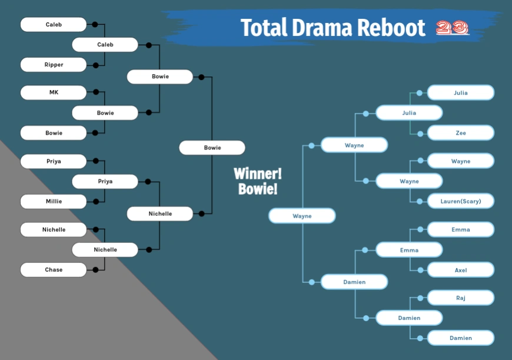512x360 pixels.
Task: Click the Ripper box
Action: [54, 65]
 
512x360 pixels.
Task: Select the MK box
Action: [54, 92]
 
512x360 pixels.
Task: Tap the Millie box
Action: [54, 201]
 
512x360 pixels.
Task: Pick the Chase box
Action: [54, 269]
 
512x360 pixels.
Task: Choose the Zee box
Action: [461, 133]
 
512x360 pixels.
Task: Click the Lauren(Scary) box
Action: [461, 201]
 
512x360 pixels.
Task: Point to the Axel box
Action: [461, 270]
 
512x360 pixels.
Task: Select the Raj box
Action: [461, 298]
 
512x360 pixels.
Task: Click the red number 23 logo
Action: [453, 28]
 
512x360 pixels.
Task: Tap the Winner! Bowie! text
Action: [257, 181]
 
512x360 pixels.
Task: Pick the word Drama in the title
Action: [312, 28]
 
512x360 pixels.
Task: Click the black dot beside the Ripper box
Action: [95, 65]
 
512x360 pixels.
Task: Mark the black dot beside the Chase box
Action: [95, 269]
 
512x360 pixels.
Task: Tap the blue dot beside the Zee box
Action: [420, 134]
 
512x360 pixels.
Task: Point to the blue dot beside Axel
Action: [420, 270]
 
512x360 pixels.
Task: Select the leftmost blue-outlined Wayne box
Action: [302, 216]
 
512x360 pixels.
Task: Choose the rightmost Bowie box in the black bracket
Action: [212, 148]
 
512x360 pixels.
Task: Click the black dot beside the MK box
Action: [95, 92]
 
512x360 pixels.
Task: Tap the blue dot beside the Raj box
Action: [420, 298]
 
